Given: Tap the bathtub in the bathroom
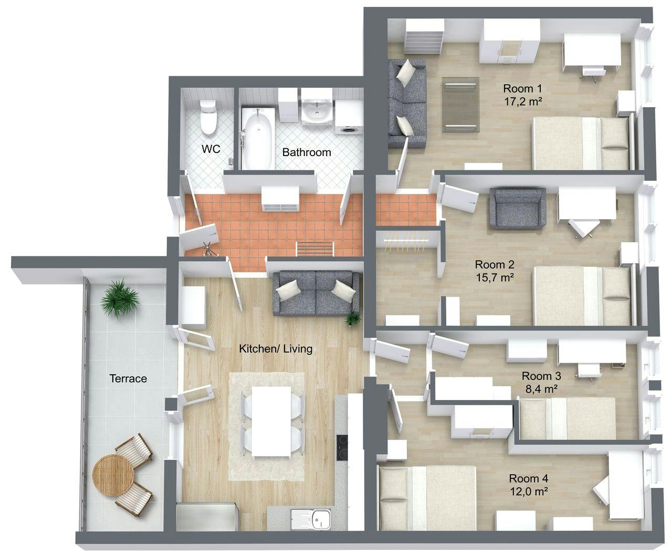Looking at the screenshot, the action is click(257, 138).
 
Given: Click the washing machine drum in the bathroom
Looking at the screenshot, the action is click(349, 130).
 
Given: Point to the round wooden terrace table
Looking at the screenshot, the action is click(113, 475).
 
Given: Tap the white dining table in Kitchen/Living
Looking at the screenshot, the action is click(271, 422).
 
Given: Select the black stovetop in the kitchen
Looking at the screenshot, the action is click(342, 448).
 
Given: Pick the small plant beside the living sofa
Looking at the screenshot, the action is click(352, 318).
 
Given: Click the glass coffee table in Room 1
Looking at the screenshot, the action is click(460, 105).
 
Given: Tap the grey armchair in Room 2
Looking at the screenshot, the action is click(518, 208).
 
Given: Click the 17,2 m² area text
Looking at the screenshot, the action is click(523, 101).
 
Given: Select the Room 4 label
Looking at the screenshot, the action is click(528, 478).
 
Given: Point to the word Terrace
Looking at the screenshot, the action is click(128, 378).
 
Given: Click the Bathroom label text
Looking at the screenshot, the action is click(307, 152).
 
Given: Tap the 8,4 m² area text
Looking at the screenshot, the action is click(541, 389).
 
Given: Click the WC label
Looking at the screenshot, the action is click(211, 149).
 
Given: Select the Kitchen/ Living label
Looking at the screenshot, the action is click(276, 349).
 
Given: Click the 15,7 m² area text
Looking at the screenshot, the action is click(495, 278).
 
